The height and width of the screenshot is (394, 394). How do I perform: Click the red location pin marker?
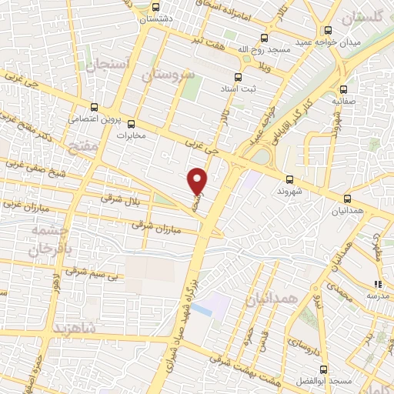click(198, 180)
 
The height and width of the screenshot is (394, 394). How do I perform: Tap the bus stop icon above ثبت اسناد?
click(238, 76)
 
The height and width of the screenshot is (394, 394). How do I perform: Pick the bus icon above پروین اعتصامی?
click(95, 108)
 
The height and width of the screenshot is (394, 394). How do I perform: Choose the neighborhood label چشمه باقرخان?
click(49, 239)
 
